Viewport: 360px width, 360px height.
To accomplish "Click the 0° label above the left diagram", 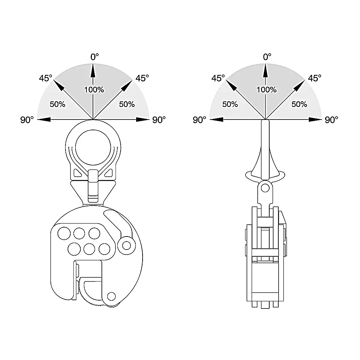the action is click(x=95, y=57).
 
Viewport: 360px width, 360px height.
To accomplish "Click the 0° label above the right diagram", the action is click(x=267, y=57).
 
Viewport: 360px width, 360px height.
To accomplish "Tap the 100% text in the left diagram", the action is click(x=94, y=90).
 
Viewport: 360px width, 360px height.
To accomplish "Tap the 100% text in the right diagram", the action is click(x=266, y=90).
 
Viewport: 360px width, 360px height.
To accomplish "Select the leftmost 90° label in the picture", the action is click(x=27, y=120).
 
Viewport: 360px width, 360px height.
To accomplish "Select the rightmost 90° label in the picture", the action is click(x=331, y=120).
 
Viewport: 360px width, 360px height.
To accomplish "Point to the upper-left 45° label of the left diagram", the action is click(x=45, y=78).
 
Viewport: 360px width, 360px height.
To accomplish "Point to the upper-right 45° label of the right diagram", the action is click(x=315, y=78).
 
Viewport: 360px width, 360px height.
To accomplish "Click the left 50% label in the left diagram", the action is click(x=57, y=104).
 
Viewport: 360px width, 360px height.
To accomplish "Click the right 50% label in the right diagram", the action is click(x=300, y=104).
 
